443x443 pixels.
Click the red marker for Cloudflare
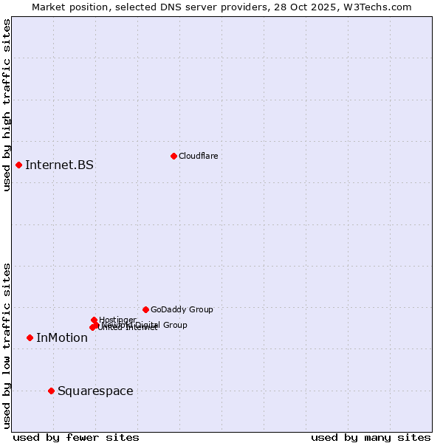pos(174,156)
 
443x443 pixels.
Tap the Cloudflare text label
pos(198,156)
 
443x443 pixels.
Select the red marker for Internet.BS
pos(18,165)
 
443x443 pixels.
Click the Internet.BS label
pos(59,165)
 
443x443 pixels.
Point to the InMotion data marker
pos(30,337)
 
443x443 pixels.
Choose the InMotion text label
pos(62,338)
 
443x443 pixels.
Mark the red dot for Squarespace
pos(51,391)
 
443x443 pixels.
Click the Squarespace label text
pos(95,391)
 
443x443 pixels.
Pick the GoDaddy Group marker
pos(145,309)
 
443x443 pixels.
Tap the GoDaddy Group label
pos(182,309)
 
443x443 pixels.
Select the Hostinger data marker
pos(94,320)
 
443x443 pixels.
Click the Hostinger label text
pos(117,320)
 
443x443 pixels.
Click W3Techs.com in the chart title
pos(381,7)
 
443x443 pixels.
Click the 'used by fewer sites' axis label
pos(76,437)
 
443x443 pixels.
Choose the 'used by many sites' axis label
pos(371,437)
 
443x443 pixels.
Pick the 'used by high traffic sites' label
pos(7,105)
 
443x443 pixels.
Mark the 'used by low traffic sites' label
pos(7,345)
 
